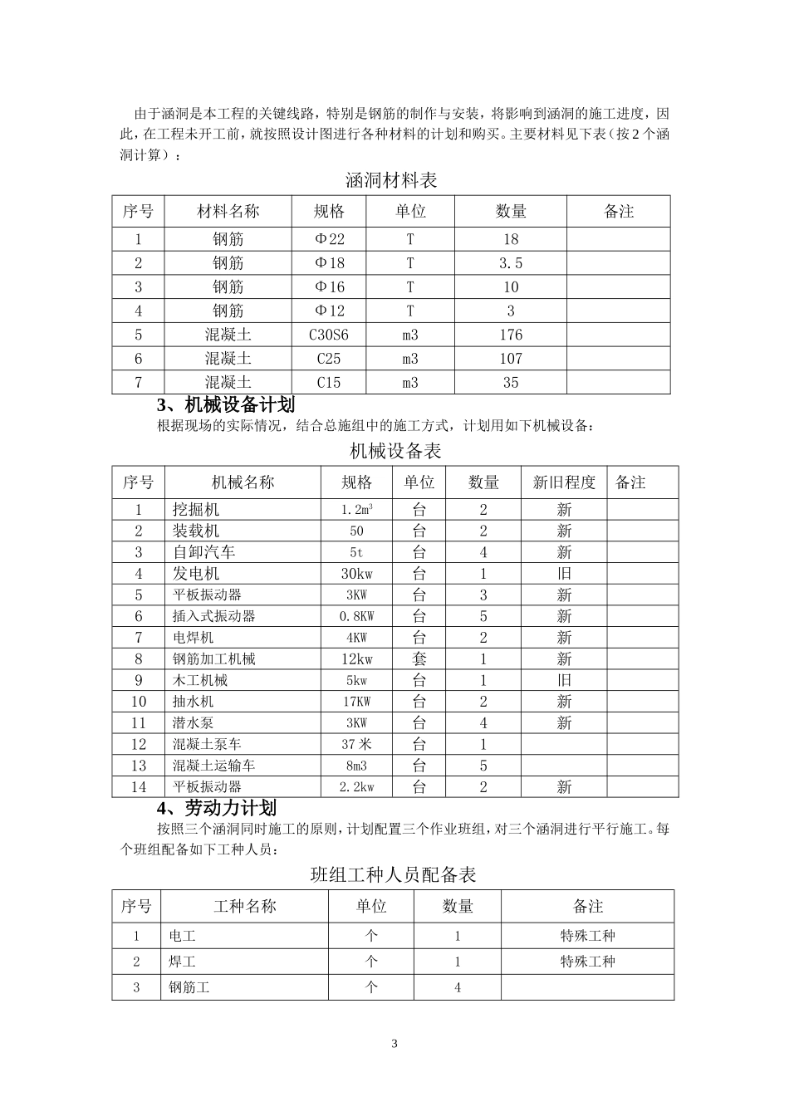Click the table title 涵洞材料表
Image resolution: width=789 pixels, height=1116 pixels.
tap(391, 179)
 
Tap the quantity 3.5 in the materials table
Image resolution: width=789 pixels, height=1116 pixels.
tap(510, 263)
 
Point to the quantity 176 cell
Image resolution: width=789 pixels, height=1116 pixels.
tap(510, 335)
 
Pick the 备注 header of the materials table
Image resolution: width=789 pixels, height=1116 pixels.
tap(618, 212)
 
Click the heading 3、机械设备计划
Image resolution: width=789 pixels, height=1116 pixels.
tap(226, 405)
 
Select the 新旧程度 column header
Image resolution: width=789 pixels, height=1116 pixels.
tap(564, 482)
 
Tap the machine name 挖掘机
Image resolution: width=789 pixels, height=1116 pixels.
tap(196, 510)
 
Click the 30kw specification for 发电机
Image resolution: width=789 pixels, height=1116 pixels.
tap(356, 574)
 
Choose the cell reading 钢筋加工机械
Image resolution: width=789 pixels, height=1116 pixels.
tap(213, 659)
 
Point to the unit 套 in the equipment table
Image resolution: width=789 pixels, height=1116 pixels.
tap(419, 659)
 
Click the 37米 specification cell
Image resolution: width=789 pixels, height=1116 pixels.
tap(356, 745)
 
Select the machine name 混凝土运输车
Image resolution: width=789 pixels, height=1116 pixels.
tap(213, 766)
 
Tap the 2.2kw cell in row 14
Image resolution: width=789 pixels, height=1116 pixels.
tap(356, 787)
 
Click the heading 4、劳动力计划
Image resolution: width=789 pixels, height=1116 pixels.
tap(217, 808)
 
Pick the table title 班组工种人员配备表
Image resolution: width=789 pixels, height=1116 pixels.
tap(393, 874)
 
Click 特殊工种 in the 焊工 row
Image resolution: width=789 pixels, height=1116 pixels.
tap(587, 962)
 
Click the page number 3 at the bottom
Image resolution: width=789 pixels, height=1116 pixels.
tap(394, 1044)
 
